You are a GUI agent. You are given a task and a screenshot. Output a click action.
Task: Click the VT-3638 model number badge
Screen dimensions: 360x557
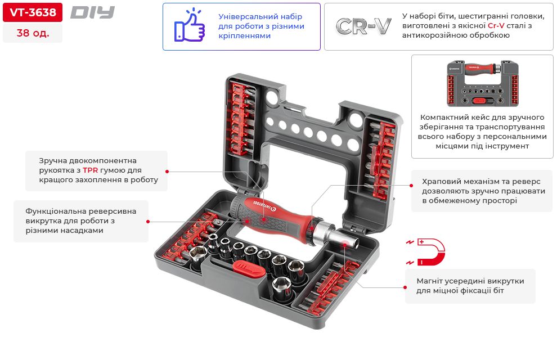[33, 12]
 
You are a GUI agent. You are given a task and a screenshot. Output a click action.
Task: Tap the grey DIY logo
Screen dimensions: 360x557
[92, 12]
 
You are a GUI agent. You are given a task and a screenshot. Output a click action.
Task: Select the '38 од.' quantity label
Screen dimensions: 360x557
[33, 33]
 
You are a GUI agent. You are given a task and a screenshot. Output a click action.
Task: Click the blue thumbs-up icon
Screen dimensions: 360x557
[190, 26]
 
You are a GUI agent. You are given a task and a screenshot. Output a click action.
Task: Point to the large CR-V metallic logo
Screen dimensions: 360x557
[363, 26]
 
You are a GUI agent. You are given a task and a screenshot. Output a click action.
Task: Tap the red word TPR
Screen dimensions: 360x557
[90, 170]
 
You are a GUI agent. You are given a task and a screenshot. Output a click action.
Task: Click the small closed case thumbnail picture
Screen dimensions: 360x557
[482, 84]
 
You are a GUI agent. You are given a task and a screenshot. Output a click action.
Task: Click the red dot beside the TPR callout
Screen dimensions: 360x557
[167, 170]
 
